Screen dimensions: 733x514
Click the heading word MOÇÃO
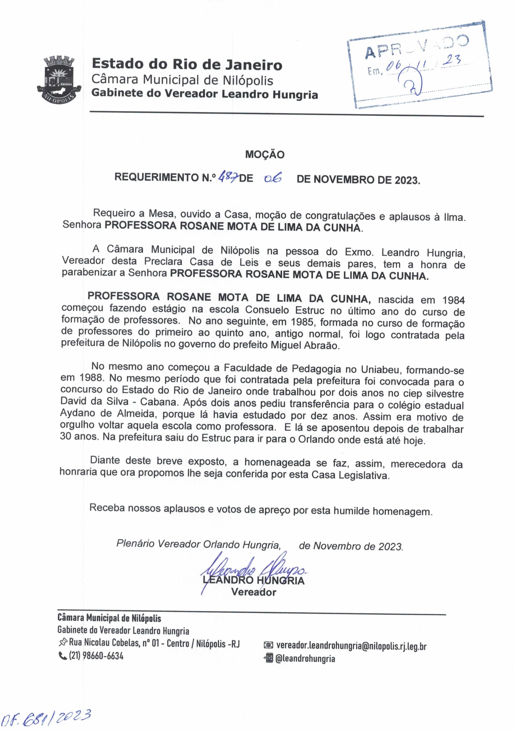264,155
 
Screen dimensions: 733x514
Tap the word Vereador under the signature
253,592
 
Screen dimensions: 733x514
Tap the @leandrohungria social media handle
305,658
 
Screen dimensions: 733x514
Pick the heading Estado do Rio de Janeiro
187,65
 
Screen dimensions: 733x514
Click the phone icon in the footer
62,656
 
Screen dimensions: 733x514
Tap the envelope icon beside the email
268,646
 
